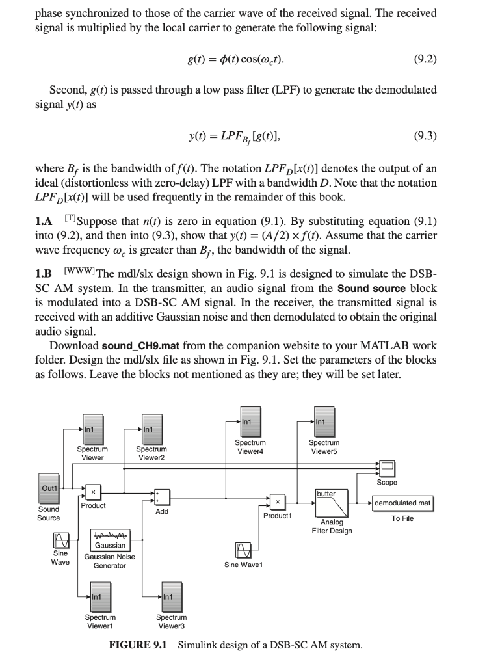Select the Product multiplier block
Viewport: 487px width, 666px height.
tap(94, 492)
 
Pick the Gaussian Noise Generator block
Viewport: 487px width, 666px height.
tap(110, 540)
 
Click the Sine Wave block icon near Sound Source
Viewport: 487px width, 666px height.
tap(60, 541)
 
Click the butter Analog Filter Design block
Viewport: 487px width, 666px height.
tap(335, 503)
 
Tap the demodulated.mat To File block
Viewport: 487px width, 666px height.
tap(402, 503)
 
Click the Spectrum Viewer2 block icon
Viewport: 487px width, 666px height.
tap(151, 429)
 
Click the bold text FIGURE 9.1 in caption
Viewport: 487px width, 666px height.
tap(140, 645)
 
